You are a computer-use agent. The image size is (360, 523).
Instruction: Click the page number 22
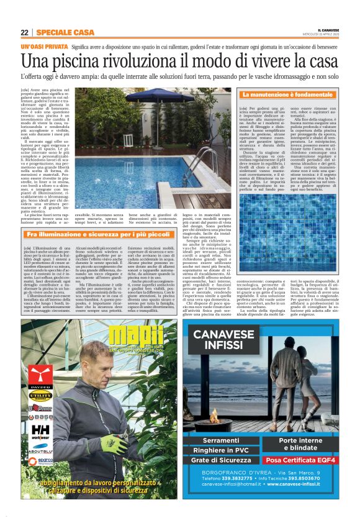(24, 32)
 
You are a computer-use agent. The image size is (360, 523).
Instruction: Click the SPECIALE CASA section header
(65, 32)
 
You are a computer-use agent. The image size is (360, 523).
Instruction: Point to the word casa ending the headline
(323, 61)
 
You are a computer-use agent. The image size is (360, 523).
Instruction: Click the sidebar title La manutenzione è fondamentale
(287, 94)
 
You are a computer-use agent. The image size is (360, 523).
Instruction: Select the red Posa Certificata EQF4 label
(300, 460)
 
